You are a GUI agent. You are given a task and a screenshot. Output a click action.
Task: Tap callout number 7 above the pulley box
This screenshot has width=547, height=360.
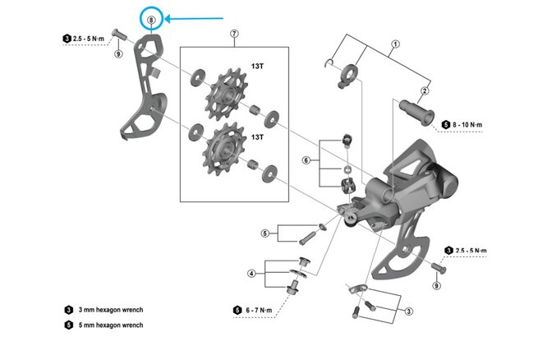pyautogui.click(x=235, y=33)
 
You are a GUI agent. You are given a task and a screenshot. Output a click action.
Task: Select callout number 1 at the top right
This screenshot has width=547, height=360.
pyautogui.click(x=395, y=44)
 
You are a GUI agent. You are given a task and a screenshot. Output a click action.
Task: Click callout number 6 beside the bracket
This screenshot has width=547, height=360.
pyautogui.click(x=306, y=159)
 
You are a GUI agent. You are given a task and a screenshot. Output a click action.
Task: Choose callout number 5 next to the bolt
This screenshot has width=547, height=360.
pyautogui.click(x=264, y=233)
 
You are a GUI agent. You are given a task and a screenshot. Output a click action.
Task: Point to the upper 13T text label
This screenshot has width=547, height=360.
pyautogui.click(x=257, y=65)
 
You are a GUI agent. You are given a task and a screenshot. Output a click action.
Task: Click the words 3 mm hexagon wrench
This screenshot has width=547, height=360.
pyautogui.click(x=111, y=310)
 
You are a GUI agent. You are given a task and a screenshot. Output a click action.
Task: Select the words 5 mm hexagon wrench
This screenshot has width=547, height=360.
pyautogui.click(x=111, y=325)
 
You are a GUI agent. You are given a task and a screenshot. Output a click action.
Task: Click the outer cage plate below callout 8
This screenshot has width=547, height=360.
pyautogui.click(x=145, y=90)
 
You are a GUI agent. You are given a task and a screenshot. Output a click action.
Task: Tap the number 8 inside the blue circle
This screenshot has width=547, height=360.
pyautogui.click(x=151, y=18)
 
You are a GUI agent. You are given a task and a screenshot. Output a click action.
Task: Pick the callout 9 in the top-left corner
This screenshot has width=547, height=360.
pyautogui.click(x=118, y=54)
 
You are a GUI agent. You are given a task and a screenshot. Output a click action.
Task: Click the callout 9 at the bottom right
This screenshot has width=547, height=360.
pyautogui.click(x=436, y=285)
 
